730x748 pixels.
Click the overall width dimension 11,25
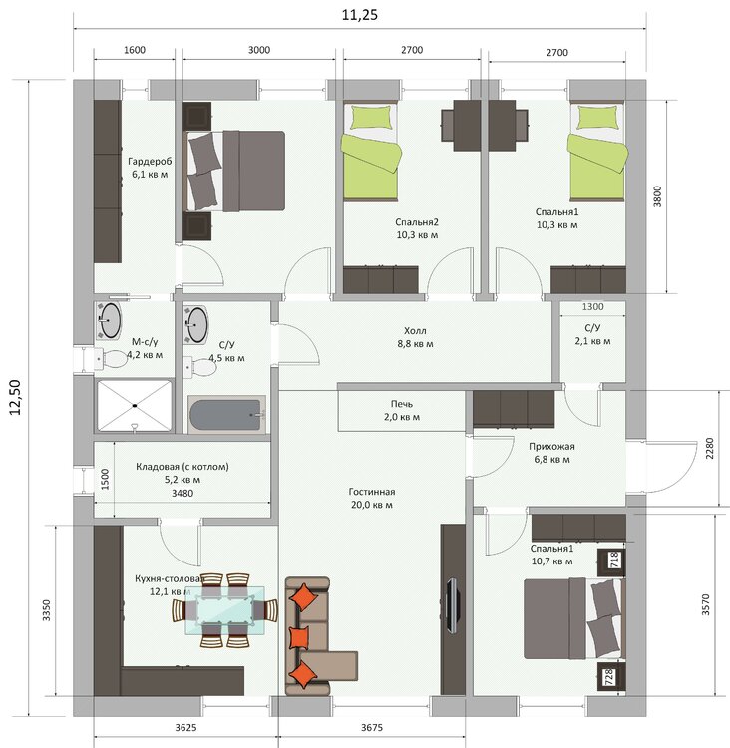pyautogui.click(x=360, y=15)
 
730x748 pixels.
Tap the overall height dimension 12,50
pyautogui.click(x=15, y=397)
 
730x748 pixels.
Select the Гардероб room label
pyautogui.click(x=150, y=162)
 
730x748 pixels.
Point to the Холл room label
pyautogui.click(x=415, y=330)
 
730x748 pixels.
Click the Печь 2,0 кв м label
pyautogui.click(x=402, y=410)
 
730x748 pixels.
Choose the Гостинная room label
pyautogui.click(x=372, y=492)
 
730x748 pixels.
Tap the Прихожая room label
pyautogui.click(x=551, y=447)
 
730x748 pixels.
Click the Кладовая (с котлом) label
pyautogui.click(x=182, y=467)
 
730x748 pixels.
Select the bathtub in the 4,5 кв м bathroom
pyautogui.click(x=226, y=415)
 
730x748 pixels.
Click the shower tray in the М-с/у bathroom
pyautogui.click(x=135, y=406)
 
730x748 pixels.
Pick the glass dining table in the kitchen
pyautogui.click(x=224, y=610)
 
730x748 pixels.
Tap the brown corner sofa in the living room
pyautogui.click(x=313, y=636)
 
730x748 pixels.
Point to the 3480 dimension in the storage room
pyautogui.click(x=182, y=494)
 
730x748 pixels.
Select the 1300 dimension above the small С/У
pyautogui.click(x=592, y=307)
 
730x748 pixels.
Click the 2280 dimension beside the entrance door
pyautogui.click(x=709, y=449)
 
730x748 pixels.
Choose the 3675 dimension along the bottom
pyautogui.click(x=372, y=727)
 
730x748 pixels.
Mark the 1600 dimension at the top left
pyautogui.click(x=134, y=50)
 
